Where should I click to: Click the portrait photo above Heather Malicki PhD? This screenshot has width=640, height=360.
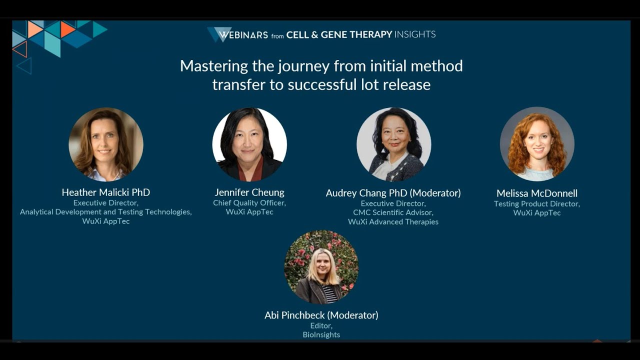click(x=106, y=144)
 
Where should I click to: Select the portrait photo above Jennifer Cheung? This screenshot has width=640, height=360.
click(x=249, y=144)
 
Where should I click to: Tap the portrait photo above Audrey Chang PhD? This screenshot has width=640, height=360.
click(x=393, y=144)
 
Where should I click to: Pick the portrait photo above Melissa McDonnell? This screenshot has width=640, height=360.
click(x=537, y=144)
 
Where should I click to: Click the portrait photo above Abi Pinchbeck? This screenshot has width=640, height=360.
click(x=321, y=267)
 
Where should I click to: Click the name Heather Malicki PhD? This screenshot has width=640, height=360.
click(x=106, y=192)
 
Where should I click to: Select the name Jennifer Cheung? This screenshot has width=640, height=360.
click(x=249, y=192)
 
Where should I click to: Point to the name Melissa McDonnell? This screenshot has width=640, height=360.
click(x=537, y=193)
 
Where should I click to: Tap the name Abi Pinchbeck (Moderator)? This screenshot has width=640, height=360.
click(x=321, y=315)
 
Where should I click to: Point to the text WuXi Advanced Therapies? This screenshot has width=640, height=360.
click(x=393, y=222)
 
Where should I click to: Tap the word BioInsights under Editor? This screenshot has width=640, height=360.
click(x=321, y=335)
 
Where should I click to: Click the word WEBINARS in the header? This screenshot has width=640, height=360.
click(x=243, y=35)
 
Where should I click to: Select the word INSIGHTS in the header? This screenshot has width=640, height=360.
click(x=415, y=34)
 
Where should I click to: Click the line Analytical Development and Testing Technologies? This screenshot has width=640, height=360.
click(x=106, y=212)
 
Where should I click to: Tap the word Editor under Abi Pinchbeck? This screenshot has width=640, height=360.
click(x=321, y=326)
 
